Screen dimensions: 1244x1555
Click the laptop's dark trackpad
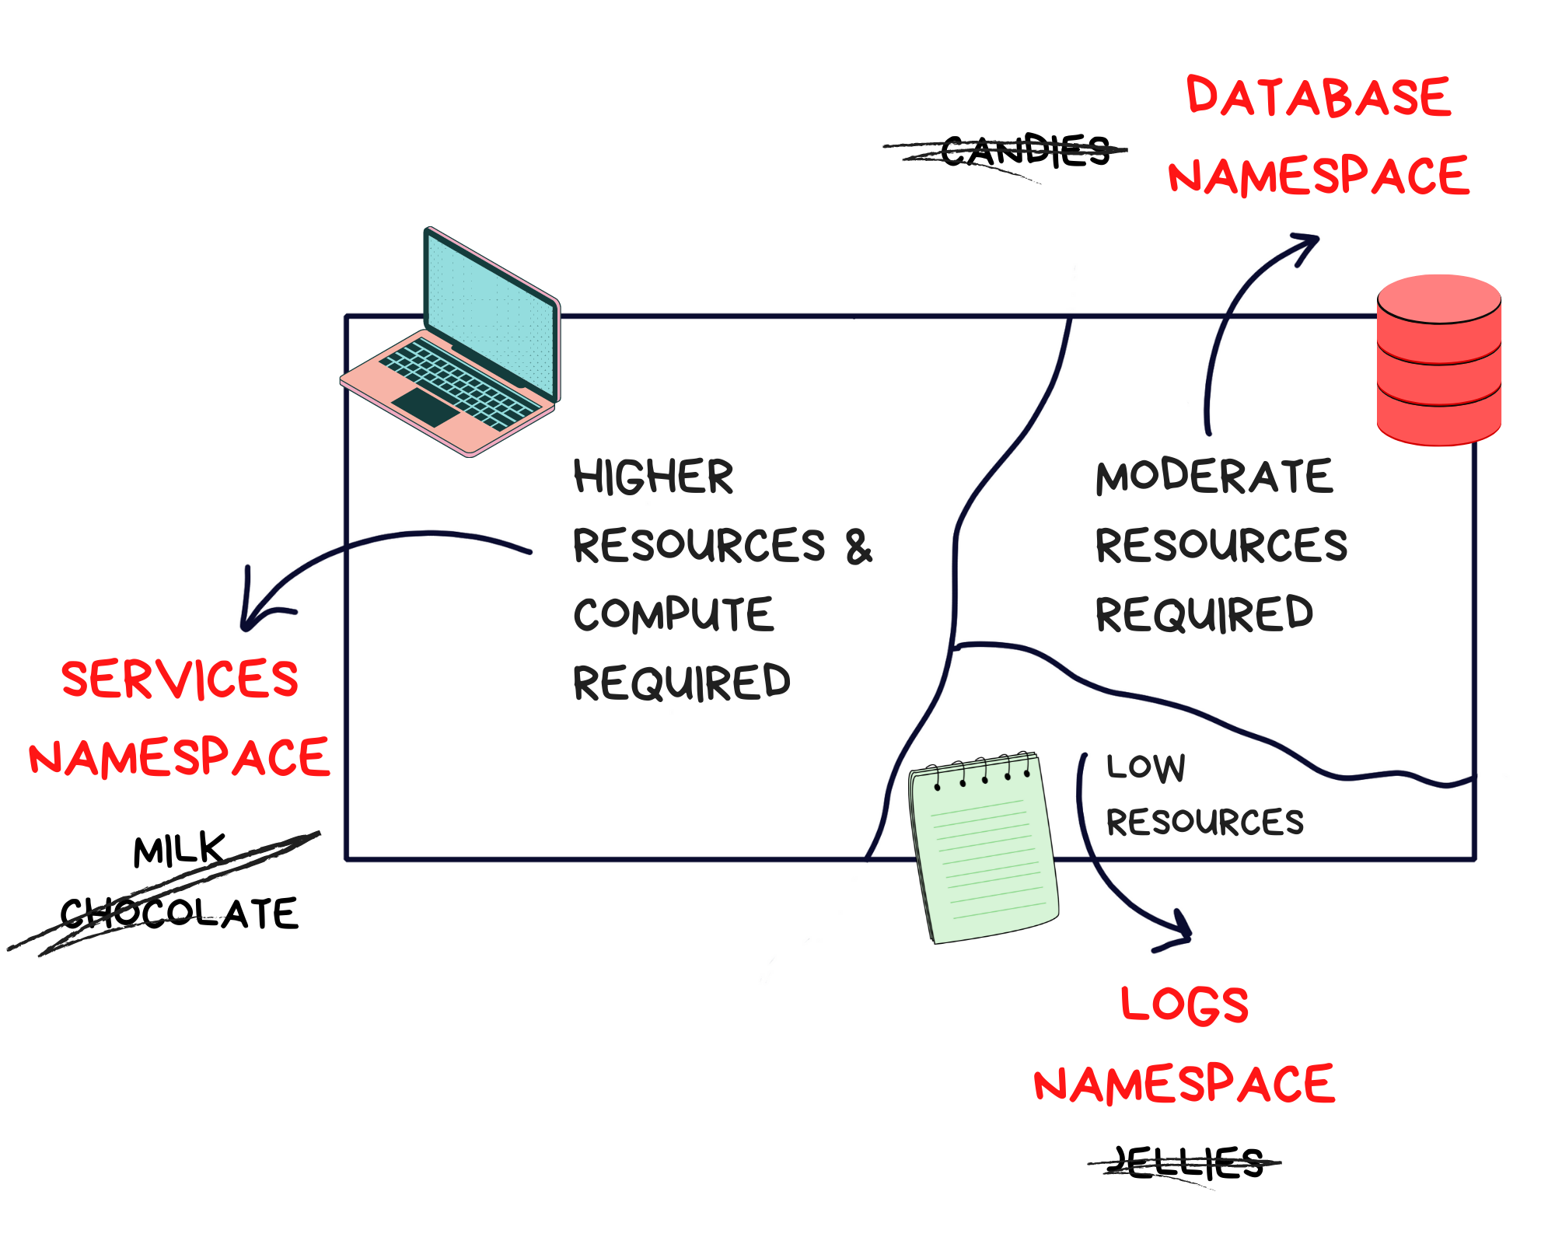(x=425, y=406)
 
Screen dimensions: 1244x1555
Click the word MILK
(x=179, y=849)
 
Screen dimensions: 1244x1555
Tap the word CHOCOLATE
(x=179, y=913)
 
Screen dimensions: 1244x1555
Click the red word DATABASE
(x=1319, y=97)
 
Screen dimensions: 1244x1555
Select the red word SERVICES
(x=180, y=679)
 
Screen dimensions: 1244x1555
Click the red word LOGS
(x=1184, y=1005)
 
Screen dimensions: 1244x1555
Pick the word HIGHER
(x=653, y=477)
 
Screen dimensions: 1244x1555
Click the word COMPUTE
(x=673, y=614)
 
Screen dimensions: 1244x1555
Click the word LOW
(x=1146, y=767)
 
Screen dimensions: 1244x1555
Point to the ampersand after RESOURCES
(x=859, y=547)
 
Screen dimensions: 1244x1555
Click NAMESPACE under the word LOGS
(x=1184, y=1085)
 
